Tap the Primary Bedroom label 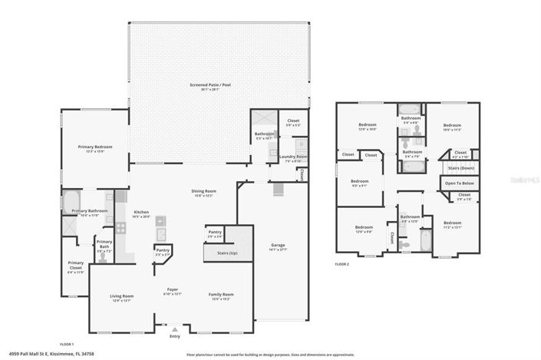tap(95, 147)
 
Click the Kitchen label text tap(141, 212)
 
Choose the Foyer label tap(173, 290)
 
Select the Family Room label tap(222, 295)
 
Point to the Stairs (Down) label tap(460, 167)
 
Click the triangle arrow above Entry tap(174, 330)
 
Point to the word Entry tap(174, 336)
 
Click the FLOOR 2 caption tap(342, 263)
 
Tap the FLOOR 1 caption tap(68, 344)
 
